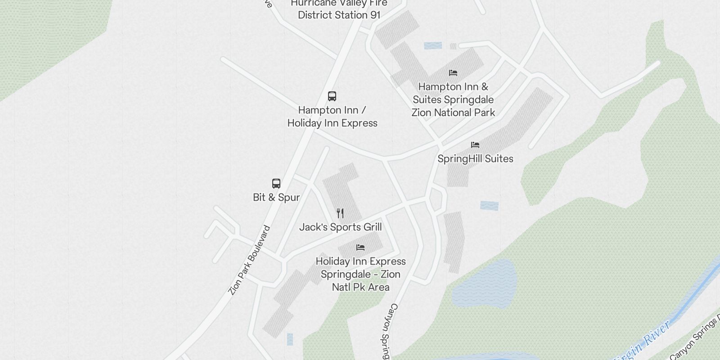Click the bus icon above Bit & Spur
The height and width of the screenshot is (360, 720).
276,184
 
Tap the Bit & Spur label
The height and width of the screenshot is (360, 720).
276,197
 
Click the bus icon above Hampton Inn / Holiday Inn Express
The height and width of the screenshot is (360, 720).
332,96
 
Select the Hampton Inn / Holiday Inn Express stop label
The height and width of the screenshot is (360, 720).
332,117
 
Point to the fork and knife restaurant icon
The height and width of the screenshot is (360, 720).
340,213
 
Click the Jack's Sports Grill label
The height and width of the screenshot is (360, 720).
340,227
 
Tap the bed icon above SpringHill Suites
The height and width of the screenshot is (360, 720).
475,145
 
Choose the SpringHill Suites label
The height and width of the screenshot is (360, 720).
475,158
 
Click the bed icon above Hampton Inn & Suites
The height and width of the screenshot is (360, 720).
453,73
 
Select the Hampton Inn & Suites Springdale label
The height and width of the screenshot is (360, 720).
453,99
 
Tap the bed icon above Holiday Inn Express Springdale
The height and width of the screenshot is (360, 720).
360,247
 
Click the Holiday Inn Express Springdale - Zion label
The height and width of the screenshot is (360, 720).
360,274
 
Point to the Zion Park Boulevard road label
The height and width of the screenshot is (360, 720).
249,261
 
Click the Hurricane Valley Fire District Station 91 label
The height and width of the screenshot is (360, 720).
339,9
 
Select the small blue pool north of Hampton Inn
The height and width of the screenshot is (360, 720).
433,45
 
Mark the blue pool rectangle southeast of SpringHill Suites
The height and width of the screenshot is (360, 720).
489,206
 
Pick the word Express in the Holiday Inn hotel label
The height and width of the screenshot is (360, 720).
384,261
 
